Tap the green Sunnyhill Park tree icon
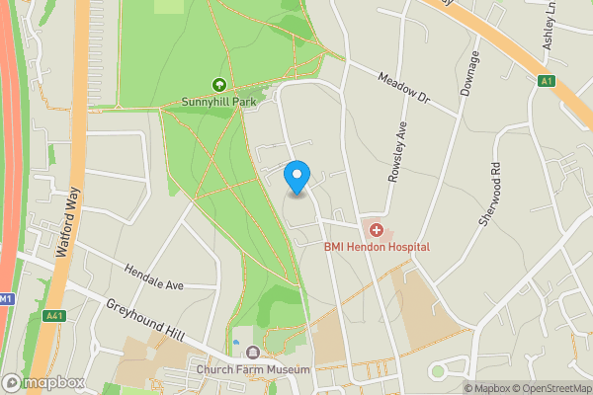[x=218, y=86]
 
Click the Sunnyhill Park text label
[x=218, y=102]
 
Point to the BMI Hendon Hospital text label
[x=377, y=246]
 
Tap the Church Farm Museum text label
[x=253, y=370]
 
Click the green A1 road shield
[x=547, y=80]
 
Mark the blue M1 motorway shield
[x=6, y=298]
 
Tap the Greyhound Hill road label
[x=145, y=322]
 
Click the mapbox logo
[x=42, y=383]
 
